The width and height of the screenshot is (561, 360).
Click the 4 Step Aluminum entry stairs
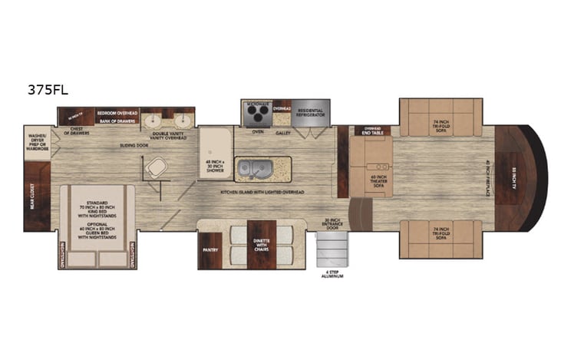click(x=333, y=249)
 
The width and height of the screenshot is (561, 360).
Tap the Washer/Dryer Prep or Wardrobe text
click(x=38, y=145)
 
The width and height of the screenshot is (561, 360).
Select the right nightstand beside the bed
click(x=132, y=254)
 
